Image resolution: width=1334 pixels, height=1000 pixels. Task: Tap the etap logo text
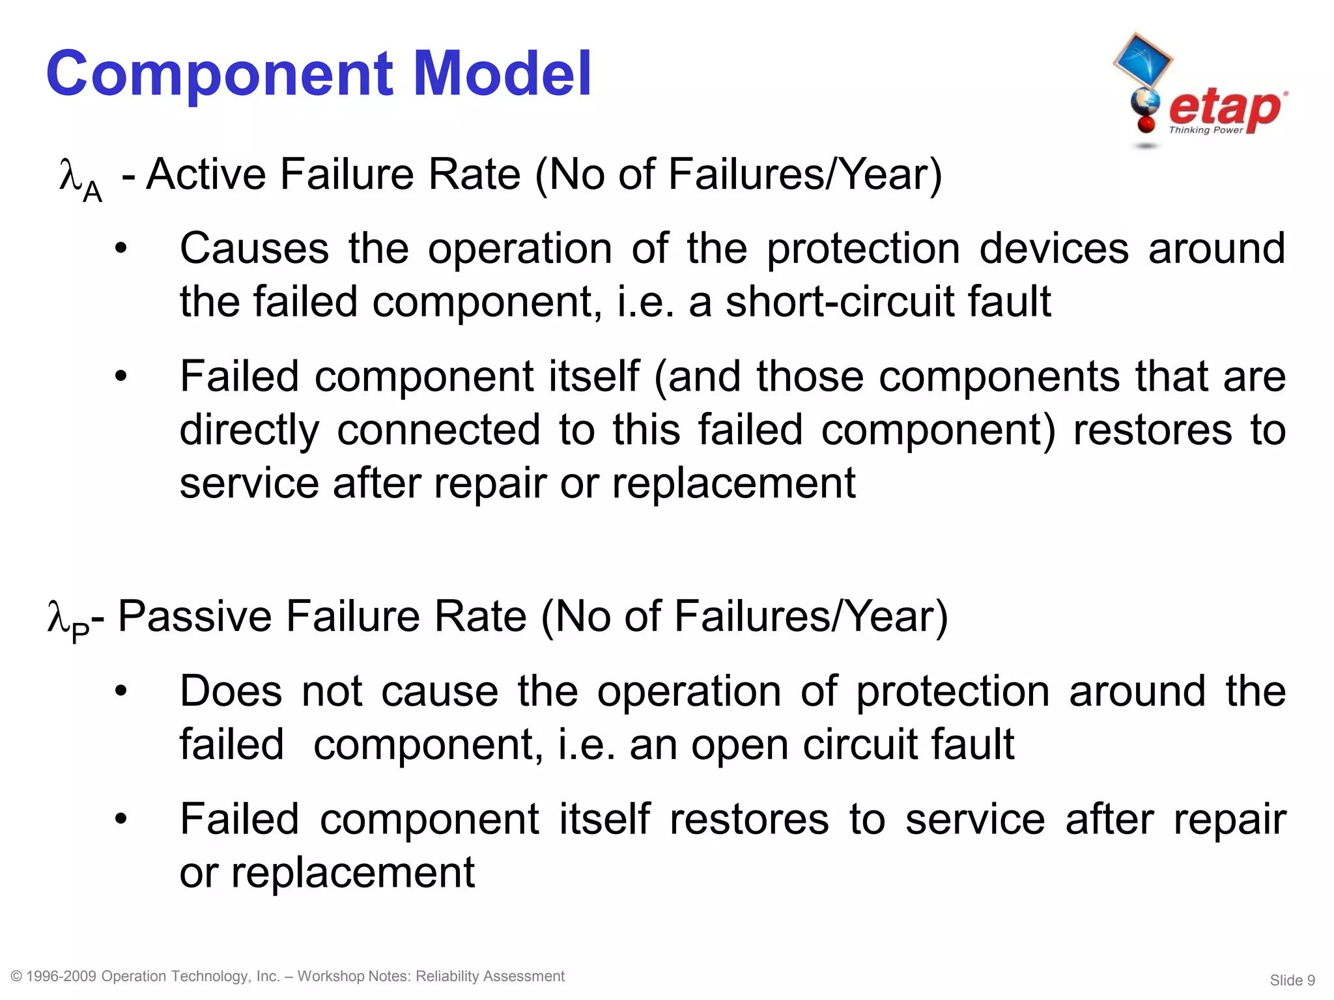1225,107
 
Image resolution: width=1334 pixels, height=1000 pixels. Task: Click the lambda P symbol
68,620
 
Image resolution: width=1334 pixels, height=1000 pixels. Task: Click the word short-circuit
841,301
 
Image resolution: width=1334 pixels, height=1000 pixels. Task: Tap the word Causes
255,248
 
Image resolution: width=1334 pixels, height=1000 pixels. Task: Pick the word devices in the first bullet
1054,248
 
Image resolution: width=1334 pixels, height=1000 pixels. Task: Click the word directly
249,430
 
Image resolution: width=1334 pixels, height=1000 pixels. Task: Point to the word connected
438,430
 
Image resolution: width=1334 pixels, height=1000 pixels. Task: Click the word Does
231,691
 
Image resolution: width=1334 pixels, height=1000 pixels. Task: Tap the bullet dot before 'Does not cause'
121,692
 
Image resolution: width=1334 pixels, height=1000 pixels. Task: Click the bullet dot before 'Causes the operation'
121,249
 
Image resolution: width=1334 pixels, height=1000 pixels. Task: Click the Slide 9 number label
1292,980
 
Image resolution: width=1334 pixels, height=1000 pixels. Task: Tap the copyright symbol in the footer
17,977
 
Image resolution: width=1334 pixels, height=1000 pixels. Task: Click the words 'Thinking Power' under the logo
1206,130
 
